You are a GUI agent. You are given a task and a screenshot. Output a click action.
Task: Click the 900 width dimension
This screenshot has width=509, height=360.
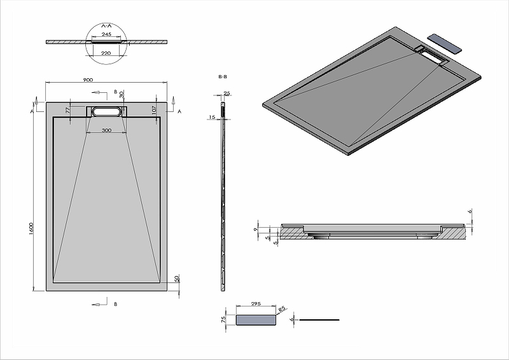pos(88,80)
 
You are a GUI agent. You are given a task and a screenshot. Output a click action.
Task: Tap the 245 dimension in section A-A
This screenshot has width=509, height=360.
pos(106,34)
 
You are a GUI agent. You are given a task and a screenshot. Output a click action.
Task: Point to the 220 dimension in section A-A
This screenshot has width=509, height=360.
pos(106,53)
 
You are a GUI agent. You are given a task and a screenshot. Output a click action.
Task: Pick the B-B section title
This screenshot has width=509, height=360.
pos(223,76)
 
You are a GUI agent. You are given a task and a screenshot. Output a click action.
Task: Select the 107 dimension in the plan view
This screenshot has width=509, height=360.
pos(155,111)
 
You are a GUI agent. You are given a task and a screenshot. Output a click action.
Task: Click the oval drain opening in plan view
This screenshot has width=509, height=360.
pos(106,111)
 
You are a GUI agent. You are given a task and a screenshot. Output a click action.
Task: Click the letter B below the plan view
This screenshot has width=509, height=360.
pos(115,305)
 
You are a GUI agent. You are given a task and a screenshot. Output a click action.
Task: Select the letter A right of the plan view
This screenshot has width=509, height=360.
pos(179,111)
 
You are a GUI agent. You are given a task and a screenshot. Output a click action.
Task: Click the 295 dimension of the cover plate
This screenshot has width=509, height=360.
pos(257,305)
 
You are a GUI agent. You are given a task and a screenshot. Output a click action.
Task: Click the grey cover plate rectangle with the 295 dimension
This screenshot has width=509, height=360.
pos(257,320)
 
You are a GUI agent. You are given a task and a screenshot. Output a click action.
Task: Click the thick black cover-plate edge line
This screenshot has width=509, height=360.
pos(319,319)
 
